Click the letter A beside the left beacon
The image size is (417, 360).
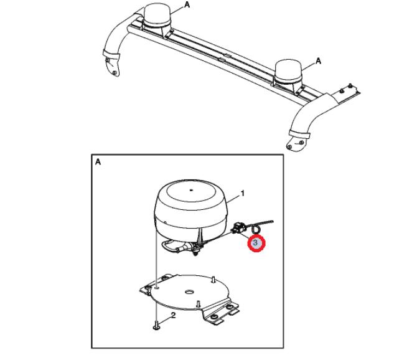[x=187, y=4]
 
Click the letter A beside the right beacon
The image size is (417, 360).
[x=318, y=61]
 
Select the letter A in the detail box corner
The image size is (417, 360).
[x=98, y=161]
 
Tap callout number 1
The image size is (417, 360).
[x=242, y=194]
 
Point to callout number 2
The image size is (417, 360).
[x=174, y=315]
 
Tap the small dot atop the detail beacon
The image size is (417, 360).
[x=191, y=190]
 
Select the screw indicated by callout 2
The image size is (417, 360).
[x=156, y=326]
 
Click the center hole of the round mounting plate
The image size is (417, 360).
[x=189, y=291]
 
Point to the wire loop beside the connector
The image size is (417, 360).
[x=256, y=229]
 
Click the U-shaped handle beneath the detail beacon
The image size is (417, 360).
[x=170, y=245]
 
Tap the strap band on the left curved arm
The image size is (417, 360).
[x=111, y=54]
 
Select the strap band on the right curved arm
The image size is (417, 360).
[x=299, y=134]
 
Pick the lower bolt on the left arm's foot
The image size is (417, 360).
[x=115, y=73]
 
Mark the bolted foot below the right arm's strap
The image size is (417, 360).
[x=296, y=144]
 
